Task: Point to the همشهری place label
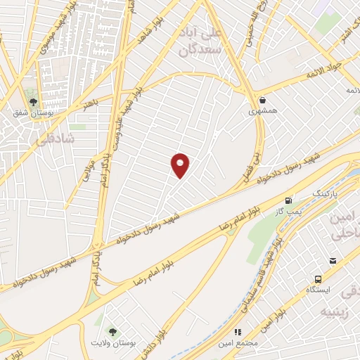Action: pyautogui.click(x=263, y=111)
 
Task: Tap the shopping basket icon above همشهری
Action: pyautogui.click(x=263, y=100)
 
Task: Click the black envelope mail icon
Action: pyautogui.click(x=333, y=261)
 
